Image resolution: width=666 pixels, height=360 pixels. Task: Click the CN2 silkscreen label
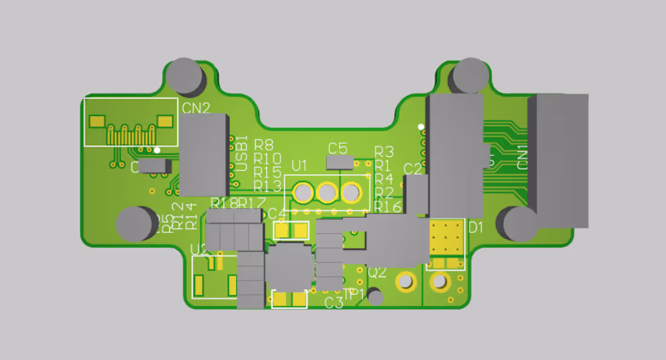click(196, 108)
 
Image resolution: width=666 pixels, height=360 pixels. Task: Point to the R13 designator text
click(268, 186)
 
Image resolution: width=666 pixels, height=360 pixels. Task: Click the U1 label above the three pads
click(299, 165)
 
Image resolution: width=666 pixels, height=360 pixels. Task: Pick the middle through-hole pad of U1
click(326, 193)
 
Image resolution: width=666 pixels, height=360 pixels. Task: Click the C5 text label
click(337, 148)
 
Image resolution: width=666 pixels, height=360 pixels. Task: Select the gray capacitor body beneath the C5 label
click(339, 162)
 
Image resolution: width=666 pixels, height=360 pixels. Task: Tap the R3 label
click(384, 151)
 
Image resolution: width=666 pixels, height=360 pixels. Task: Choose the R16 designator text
click(387, 206)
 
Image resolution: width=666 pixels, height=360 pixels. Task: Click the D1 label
click(476, 228)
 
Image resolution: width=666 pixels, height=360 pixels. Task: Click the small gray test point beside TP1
click(376, 297)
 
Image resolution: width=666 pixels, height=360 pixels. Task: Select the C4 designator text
click(277, 214)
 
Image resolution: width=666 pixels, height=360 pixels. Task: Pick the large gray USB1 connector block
click(204, 155)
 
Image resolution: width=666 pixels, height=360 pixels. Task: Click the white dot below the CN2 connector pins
click(157, 149)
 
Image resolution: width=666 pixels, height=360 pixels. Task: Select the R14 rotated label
click(191, 216)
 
